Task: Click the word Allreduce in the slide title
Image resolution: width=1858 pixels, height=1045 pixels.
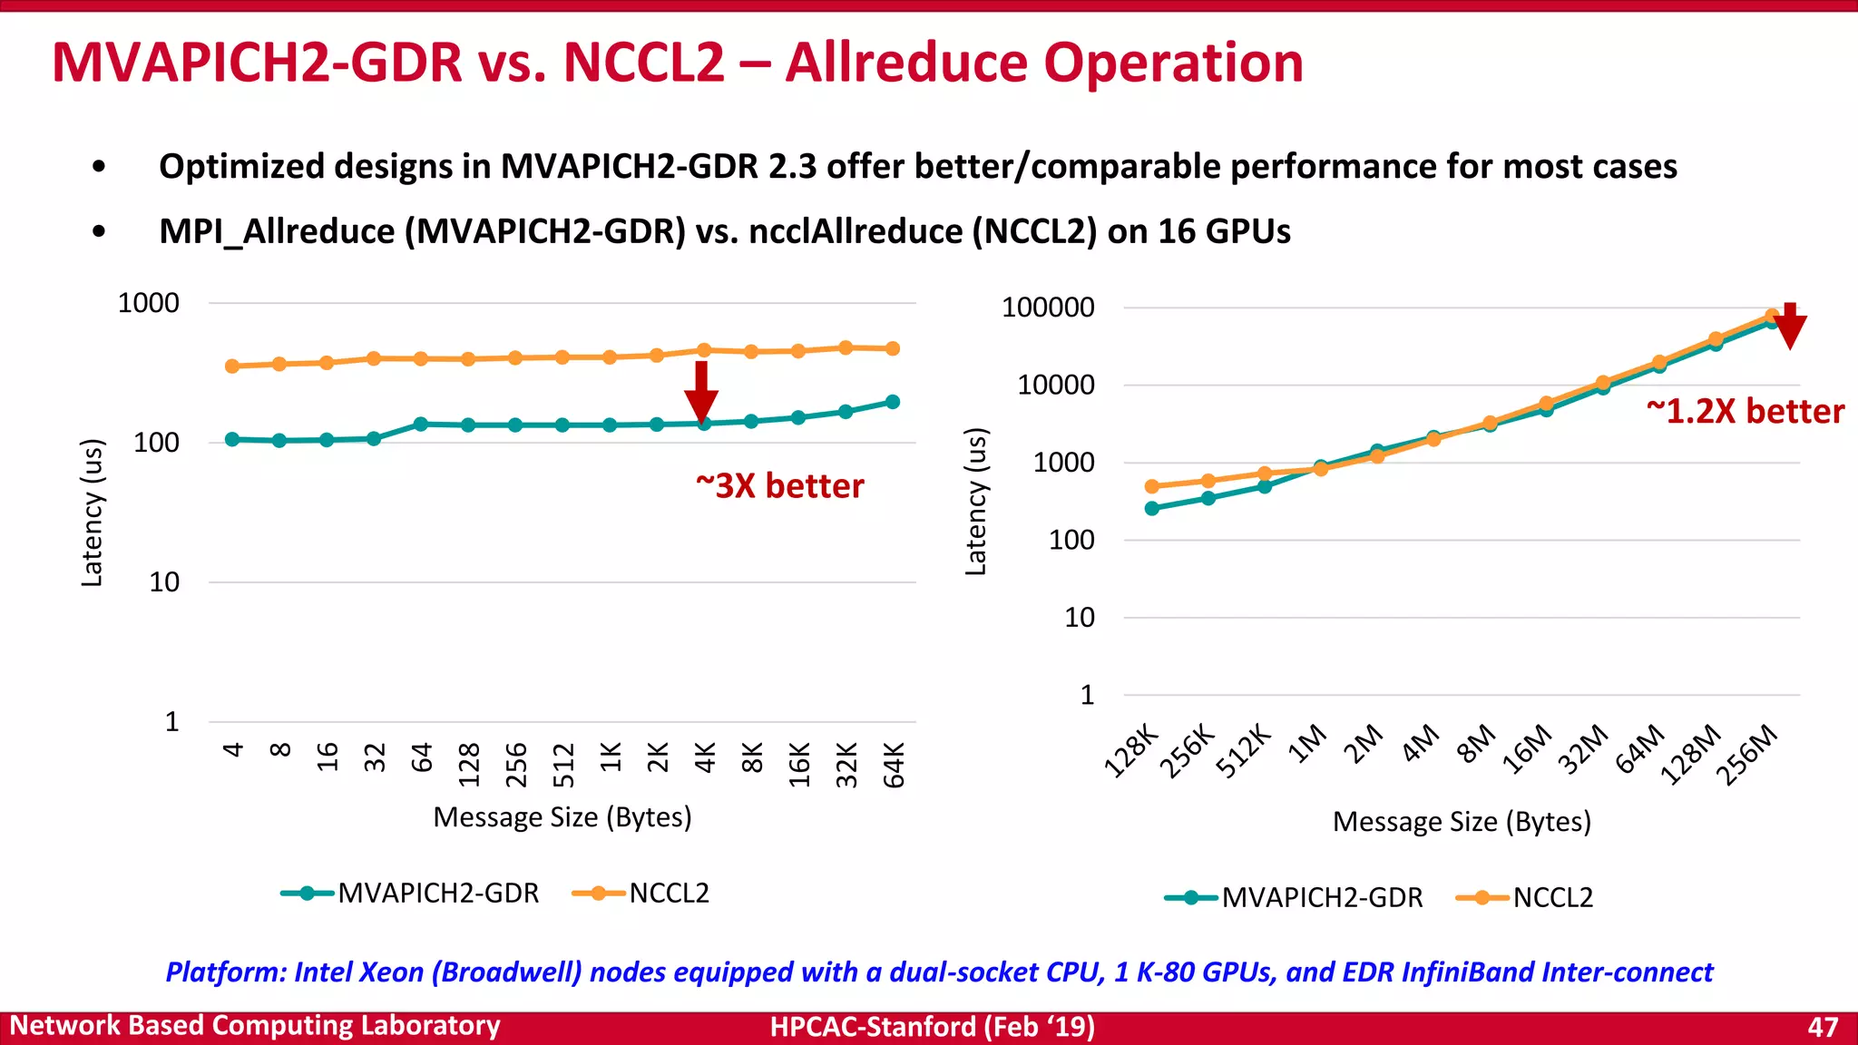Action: coord(907,63)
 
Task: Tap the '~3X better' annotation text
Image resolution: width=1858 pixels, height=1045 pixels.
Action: coord(779,486)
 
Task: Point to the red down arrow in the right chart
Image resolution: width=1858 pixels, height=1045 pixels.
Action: coord(1790,327)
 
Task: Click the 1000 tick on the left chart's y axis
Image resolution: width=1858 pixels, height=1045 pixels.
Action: coord(149,303)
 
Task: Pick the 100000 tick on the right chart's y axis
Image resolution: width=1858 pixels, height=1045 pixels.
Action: coord(1048,308)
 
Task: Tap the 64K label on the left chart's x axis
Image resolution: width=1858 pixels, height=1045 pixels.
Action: coord(894,764)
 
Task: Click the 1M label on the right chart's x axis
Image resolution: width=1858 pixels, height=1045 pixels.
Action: coord(1308,746)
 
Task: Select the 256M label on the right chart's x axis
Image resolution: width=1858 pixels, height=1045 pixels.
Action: coord(1747,755)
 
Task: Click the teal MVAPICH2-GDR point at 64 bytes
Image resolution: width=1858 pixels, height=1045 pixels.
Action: coord(421,424)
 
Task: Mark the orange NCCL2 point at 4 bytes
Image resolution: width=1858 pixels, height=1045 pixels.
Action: coord(232,366)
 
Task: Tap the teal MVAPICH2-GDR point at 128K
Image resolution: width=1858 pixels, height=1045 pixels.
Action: coord(1152,509)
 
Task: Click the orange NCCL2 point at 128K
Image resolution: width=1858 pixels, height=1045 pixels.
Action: coord(1152,487)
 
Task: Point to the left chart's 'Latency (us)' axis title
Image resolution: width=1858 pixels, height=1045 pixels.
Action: coord(92,513)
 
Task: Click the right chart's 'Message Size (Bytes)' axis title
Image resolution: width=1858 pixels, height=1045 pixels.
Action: coord(1462,822)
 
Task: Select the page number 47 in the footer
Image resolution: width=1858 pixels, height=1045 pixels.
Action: coord(1823,1027)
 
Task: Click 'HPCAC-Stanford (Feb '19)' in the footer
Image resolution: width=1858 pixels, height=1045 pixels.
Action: coord(932,1027)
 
